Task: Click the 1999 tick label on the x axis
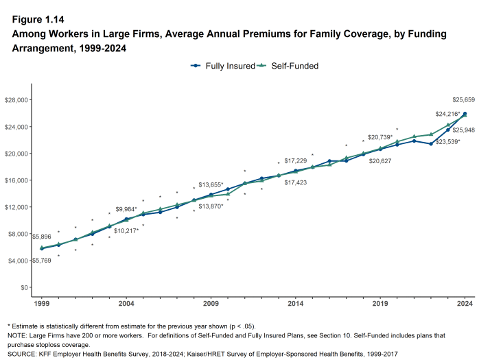(x=41, y=302)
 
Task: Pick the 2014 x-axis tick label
(x=296, y=302)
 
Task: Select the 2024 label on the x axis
(x=465, y=302)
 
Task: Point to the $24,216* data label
(x=430, y=113)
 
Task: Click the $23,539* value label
(x=448, y=142)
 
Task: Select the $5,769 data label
(x=40, y=261)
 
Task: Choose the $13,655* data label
(x=211, y=185)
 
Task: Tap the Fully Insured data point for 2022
(x=431, y=144)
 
